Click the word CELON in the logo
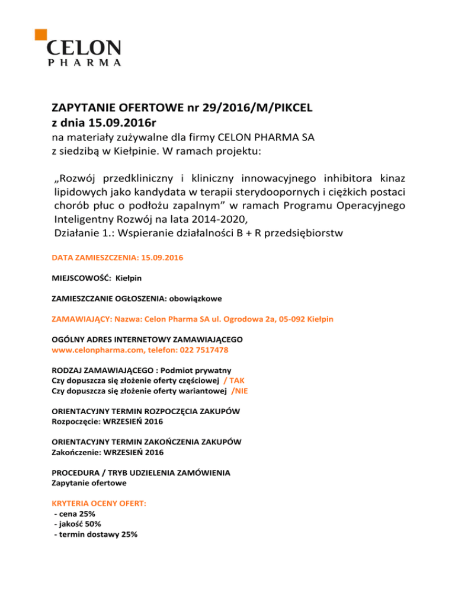(x=84, y=48)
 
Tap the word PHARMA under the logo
(x=84, y=62)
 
